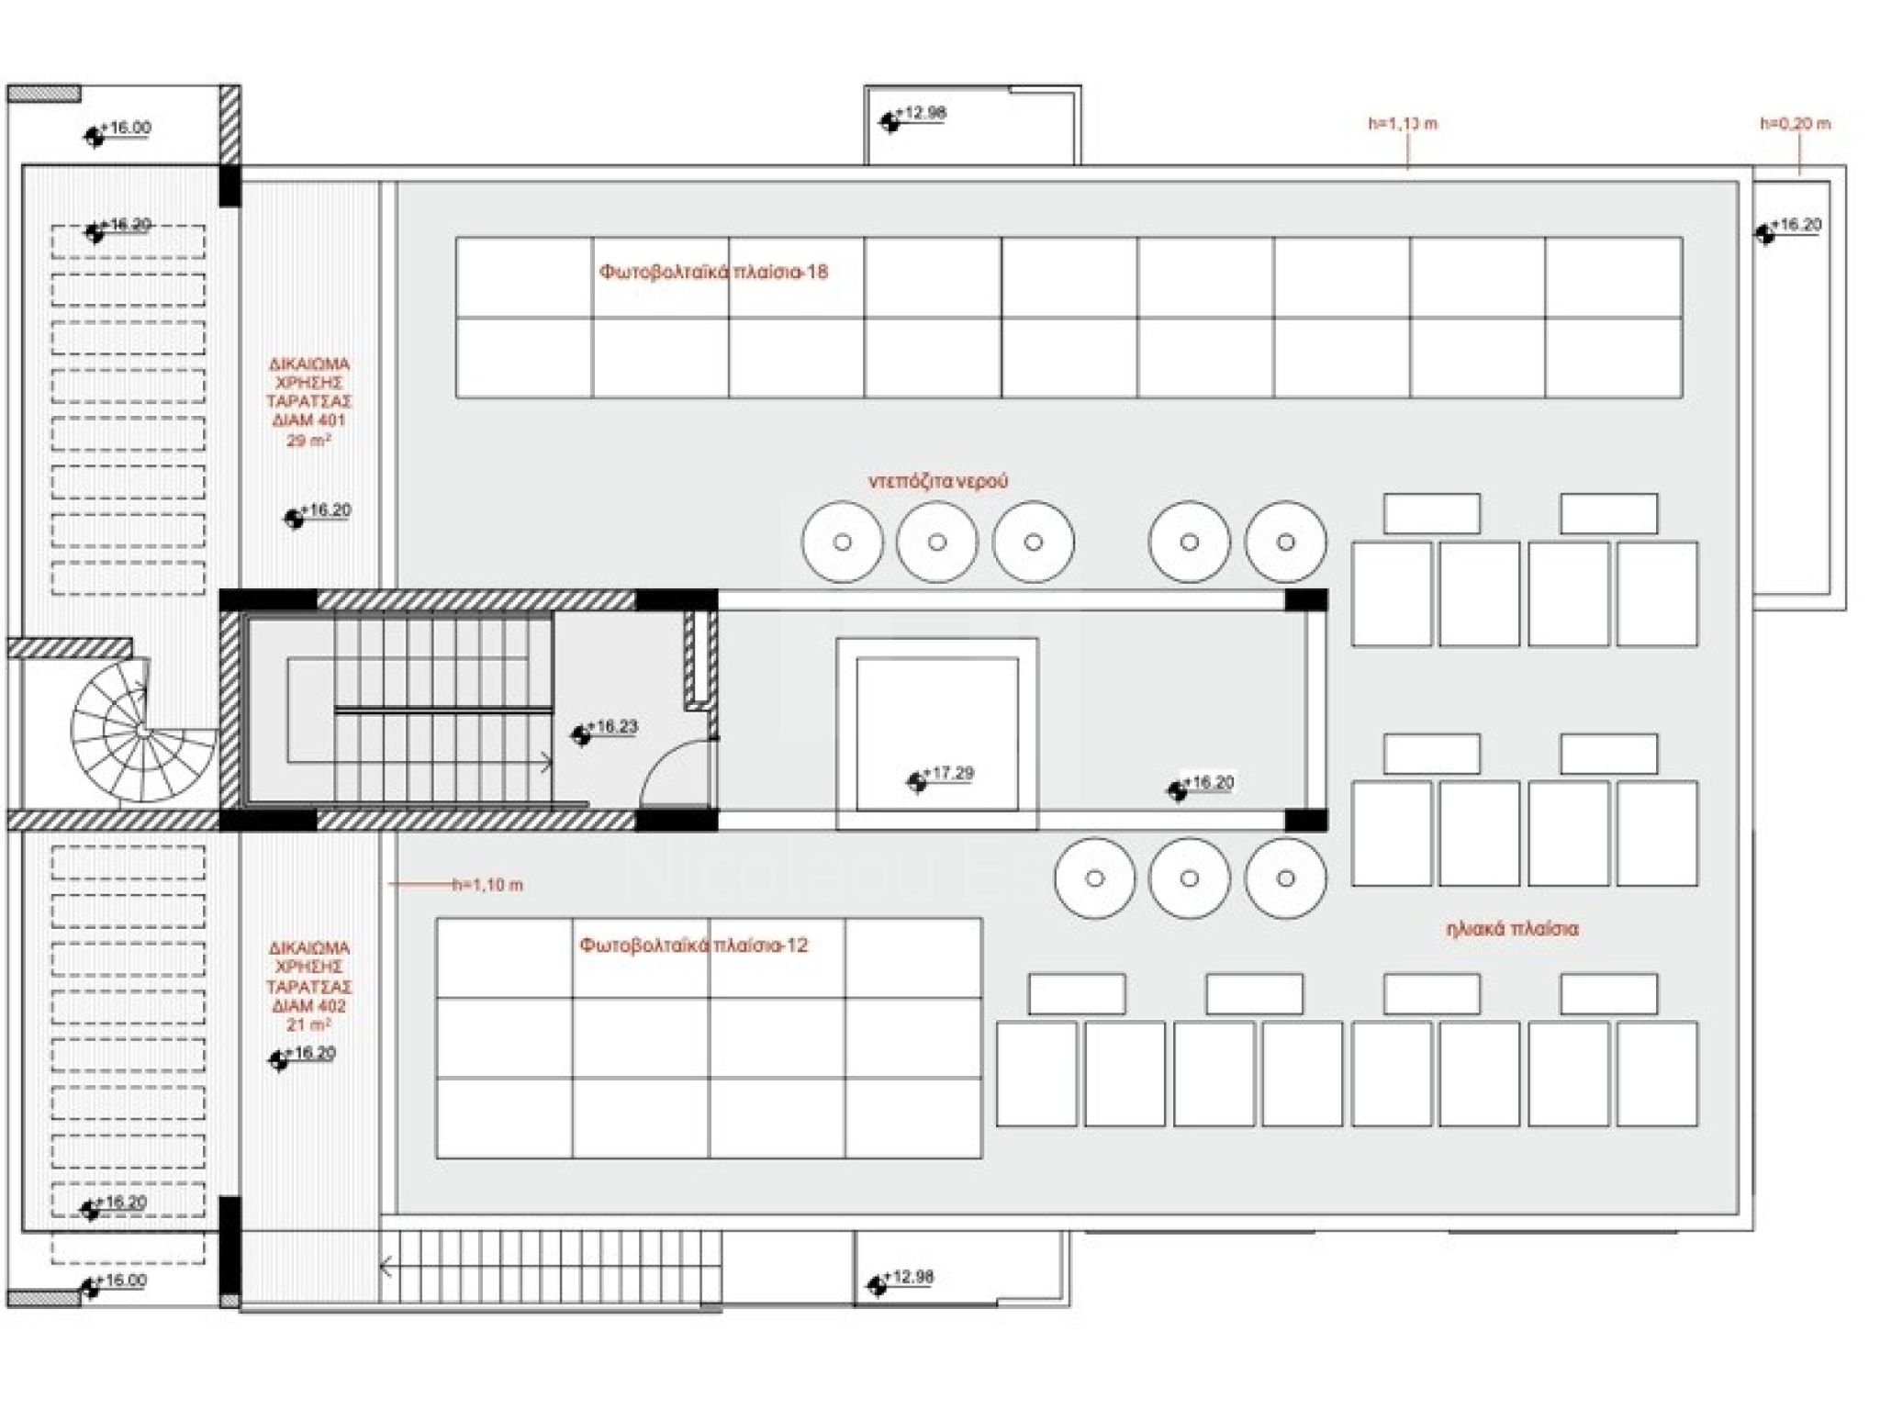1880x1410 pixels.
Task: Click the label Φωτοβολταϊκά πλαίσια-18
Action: pos(713,272)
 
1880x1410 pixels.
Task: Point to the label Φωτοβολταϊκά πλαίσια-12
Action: pos(693,946)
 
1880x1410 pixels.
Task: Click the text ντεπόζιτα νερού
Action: pos(938,481)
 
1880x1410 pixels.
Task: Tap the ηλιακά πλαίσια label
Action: pos(1512,929)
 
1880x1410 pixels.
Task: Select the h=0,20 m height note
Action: pos(1795,123)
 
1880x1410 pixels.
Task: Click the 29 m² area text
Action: pos(308,441)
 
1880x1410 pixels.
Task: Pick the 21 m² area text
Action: pos(308,1025)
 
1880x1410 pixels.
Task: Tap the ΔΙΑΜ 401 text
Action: pos(308,421)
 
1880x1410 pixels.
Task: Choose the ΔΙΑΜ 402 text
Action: pos(308,1006)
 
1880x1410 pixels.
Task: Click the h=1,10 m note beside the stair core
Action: pos(487,885)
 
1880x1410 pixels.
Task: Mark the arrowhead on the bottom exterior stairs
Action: pos(386,1268)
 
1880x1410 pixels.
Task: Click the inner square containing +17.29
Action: pos(936,733)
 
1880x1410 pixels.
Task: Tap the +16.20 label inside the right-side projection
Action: pos(1796,225)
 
